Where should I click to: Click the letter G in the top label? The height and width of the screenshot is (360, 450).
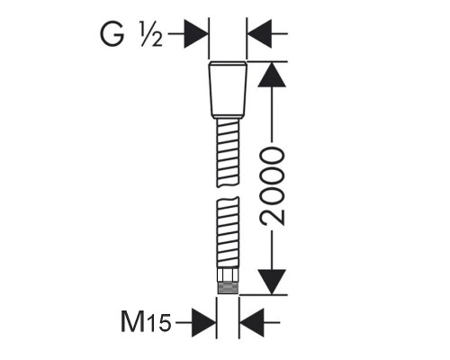pos(112,34)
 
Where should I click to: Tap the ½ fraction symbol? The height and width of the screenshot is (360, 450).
pos(151,34)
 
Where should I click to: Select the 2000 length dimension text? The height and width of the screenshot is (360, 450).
pos(272,186)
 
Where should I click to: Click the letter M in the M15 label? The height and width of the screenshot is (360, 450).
pos(133,321)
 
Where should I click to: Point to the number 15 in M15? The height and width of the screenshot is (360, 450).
pos(159,323)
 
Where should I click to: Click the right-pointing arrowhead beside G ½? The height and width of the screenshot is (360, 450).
pos(196,34)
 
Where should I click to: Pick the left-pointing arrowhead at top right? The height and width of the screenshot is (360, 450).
pos(260,34)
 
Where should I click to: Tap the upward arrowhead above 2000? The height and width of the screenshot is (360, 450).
pos(272,75)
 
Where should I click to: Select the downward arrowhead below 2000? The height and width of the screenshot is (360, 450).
pos(272,282)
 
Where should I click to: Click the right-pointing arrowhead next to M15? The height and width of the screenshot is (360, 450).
pos(204,323)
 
